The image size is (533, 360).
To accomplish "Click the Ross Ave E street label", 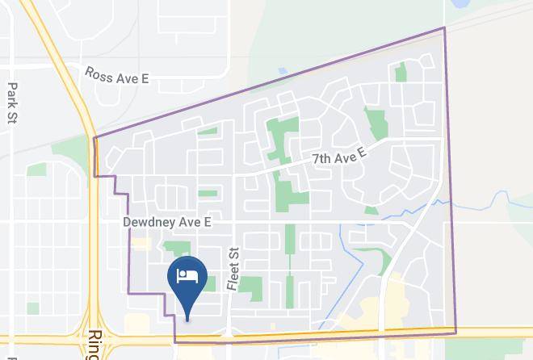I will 117,75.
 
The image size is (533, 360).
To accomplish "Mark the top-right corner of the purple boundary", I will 444,28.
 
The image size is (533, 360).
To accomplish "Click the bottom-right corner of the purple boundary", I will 455,333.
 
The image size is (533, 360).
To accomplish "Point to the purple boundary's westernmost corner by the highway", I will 94,138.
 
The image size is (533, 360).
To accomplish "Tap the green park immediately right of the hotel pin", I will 209,283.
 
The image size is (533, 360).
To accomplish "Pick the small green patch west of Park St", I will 36,170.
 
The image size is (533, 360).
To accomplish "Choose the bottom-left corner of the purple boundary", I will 175,341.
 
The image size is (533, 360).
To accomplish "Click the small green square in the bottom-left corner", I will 32,308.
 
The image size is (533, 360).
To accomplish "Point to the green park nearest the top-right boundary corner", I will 401,73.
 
